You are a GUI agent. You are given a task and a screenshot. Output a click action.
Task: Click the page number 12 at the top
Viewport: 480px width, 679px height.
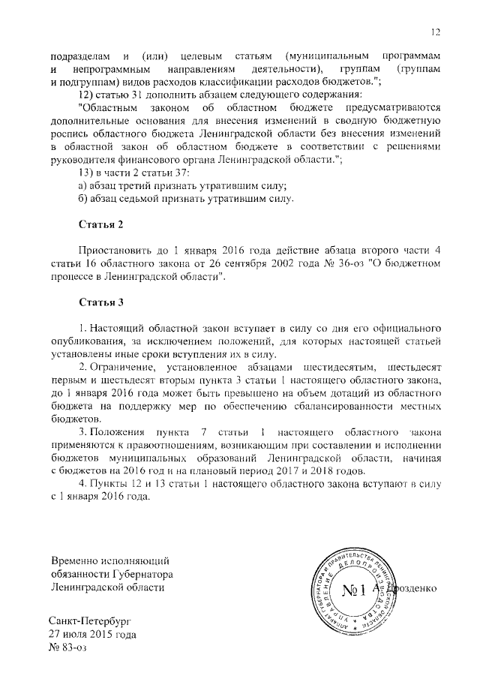(x=435, y=31)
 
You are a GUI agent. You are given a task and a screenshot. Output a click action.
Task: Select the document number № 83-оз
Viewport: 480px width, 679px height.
(x=67, y=647)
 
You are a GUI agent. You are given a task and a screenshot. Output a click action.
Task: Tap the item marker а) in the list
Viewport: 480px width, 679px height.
(x=84, y=185)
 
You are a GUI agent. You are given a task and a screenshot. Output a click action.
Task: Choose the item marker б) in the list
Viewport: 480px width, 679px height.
(x=84, y=199)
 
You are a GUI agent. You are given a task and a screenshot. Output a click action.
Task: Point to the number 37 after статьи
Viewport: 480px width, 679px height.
(x=183, y=173)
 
